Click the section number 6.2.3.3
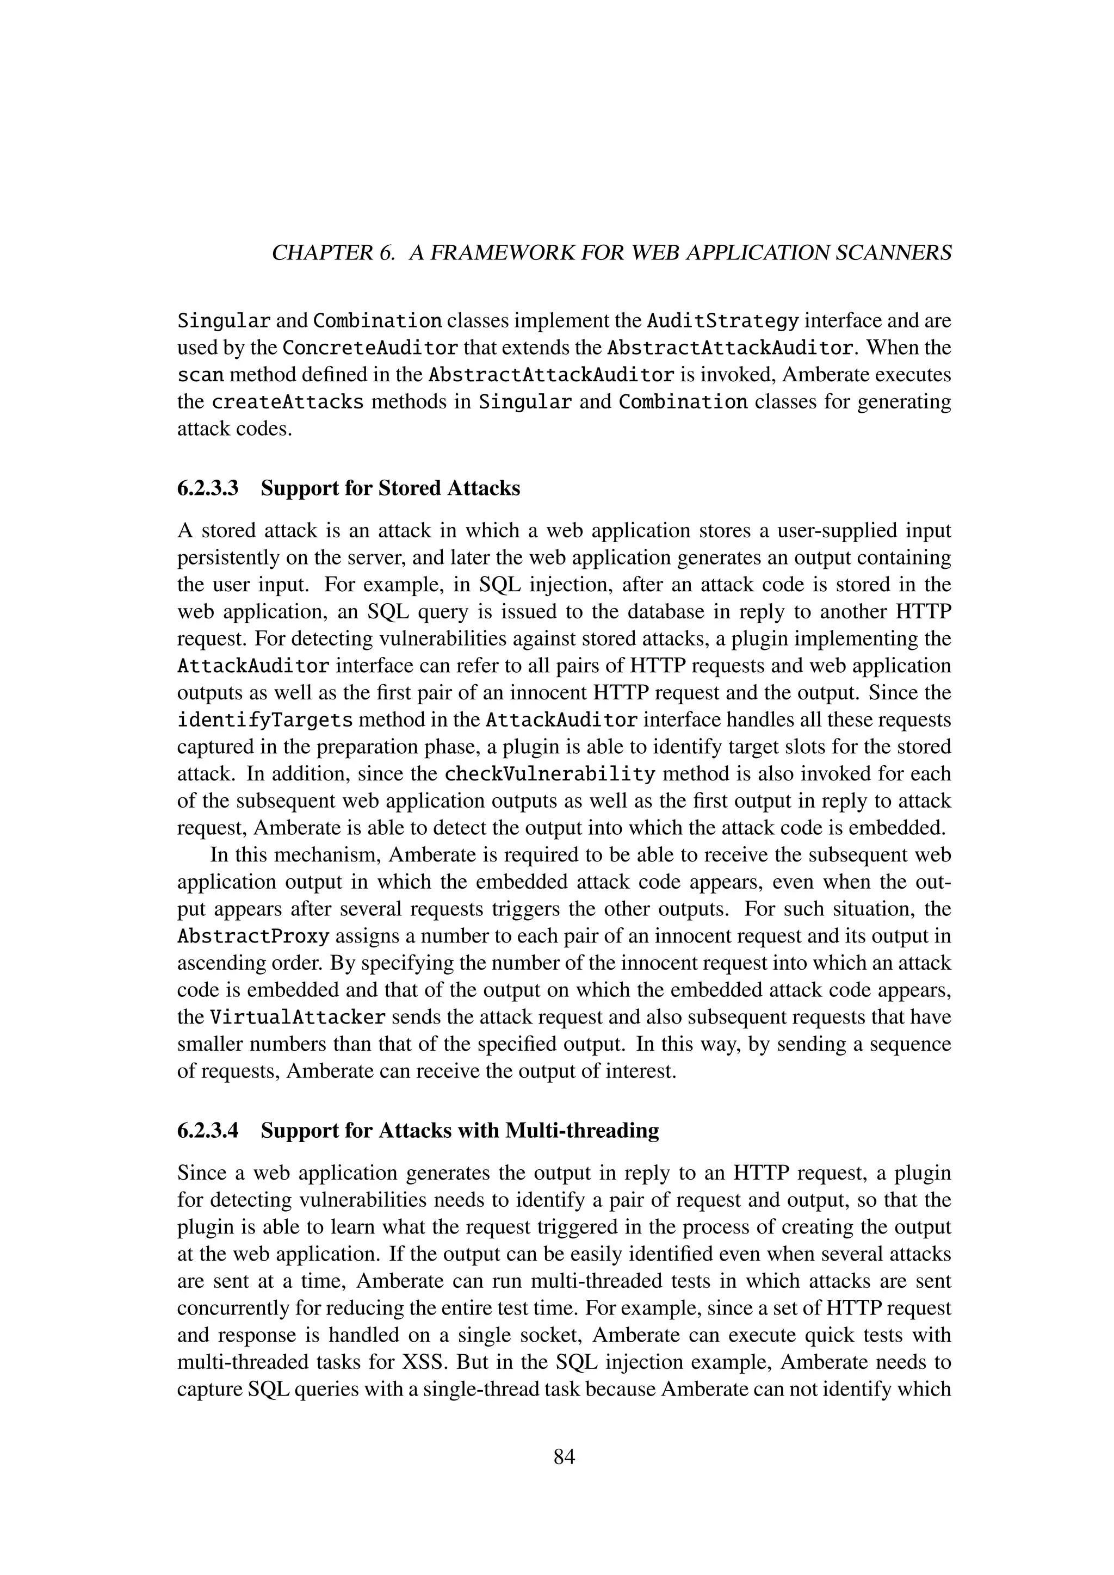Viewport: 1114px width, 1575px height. click(x=208, y=488)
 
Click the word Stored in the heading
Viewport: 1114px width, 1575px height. click(x=409, y=488)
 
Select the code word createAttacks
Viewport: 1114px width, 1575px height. click(x=287, y=402)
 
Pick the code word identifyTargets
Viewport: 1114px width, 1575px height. click(x=265, y=720)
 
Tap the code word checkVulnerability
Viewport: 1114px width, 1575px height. click(x=550, y=774)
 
